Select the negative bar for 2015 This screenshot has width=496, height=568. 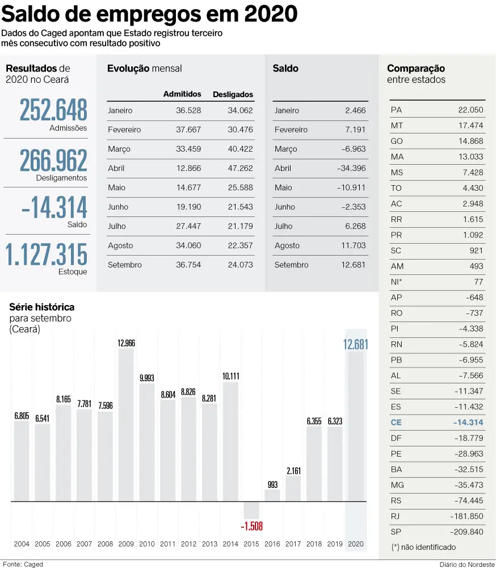tap(251, 509)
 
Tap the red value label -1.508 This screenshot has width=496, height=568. tap(251, 526)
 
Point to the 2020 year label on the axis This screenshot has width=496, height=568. tap(356, 544)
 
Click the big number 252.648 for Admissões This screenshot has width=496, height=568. tap(54, 110)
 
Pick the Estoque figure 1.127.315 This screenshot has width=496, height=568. tap(47, 254)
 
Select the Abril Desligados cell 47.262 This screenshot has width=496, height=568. tap(240, 168)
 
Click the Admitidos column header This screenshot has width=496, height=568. tap(182, 94)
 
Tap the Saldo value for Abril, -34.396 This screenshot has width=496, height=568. tap(351, 168)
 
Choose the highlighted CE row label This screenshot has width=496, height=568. tap(396, 422)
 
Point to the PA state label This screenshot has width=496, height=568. tap(396, 110)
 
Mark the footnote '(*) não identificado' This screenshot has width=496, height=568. tap(423, 547)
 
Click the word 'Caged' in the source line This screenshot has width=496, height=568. tap(33, 564)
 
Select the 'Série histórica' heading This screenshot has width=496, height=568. tap(41, 307)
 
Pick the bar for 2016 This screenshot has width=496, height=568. tap(272, 495)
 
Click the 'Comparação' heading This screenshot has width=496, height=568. tap(416, 68)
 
